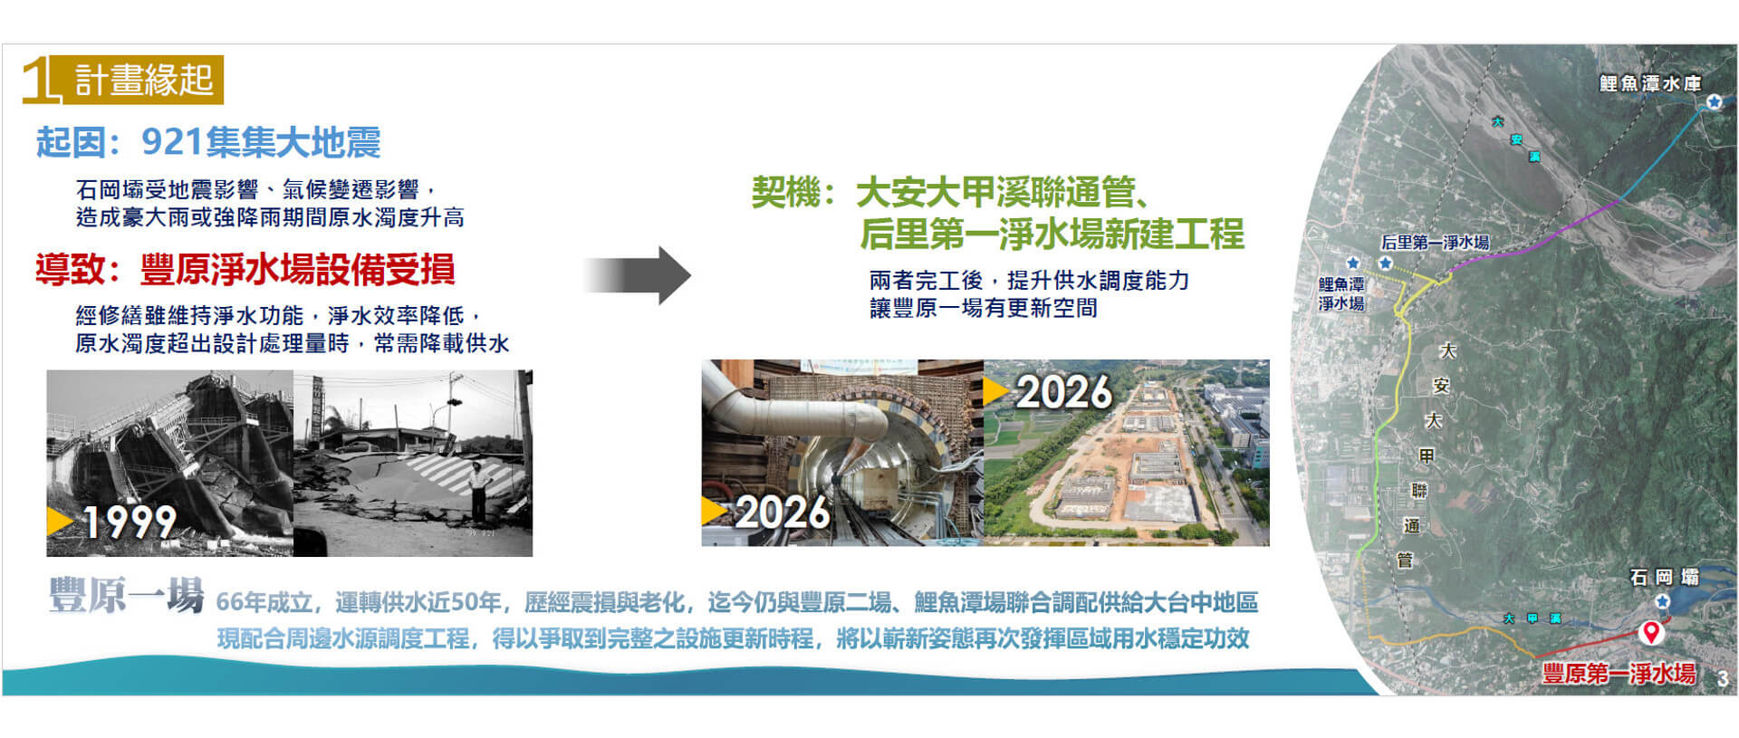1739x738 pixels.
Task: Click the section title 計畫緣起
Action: tap(143, 80)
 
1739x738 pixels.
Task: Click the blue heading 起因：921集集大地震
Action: tap(208, 142)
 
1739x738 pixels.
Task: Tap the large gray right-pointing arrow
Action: tap(638, 275)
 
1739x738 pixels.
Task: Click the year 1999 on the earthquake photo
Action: tap(130, 522)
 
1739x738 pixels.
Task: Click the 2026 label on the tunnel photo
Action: tap(783, 513)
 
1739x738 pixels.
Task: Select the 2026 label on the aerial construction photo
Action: tap(1064, 392)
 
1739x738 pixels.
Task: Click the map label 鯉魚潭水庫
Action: tap(1650, 83)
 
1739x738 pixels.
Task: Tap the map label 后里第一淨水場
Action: tap(1435, 242)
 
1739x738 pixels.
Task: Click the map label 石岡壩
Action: tap(1665, 577)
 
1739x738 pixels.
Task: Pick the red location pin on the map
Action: tap(1651, 632)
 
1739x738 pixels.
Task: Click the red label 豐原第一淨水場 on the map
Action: tap(1619, 673)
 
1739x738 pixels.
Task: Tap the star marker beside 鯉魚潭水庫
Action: tap(1714, 102)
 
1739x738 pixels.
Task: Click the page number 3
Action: tap(1722, 679)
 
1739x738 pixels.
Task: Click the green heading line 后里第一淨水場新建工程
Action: tap(1052, 234)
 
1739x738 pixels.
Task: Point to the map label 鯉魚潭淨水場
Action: tap(1341, 294)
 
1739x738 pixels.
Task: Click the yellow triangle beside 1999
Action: tap(60, 521)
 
